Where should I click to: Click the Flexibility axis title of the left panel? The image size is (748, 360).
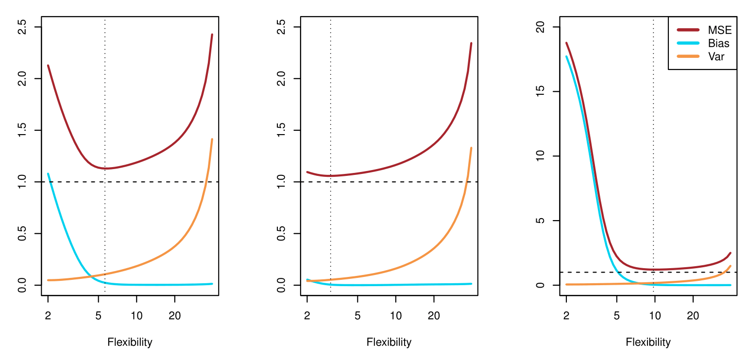(130, 342)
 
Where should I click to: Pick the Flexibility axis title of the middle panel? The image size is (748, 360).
(389, 342)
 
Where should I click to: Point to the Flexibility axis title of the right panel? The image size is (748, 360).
(648, 342)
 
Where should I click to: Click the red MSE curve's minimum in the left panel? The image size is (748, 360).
(105, 169)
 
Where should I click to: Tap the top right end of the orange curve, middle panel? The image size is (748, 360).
(471, 148)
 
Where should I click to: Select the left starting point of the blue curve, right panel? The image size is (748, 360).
(566, 56)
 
